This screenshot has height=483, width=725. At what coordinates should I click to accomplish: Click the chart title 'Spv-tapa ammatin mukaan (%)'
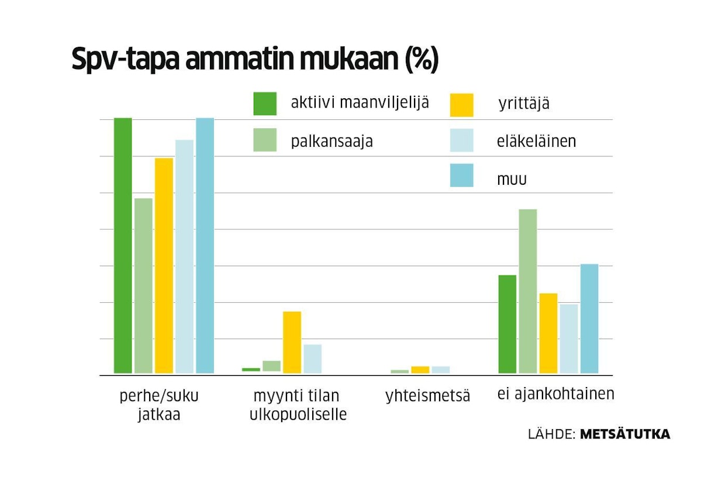[x=254, y=60]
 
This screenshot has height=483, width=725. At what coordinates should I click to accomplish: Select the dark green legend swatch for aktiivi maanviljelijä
[x=264, y=103]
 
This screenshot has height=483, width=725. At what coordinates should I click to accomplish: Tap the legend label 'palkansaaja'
[x=332, y=142]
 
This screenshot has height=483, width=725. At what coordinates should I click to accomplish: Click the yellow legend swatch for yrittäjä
[x=461, y=105]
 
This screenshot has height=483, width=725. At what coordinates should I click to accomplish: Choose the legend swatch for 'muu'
[x=461, y=175]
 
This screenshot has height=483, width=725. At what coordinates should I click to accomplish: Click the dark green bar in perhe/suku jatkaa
[x=123, y=246]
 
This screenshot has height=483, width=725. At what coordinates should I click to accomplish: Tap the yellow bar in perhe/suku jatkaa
[x=164, y=265]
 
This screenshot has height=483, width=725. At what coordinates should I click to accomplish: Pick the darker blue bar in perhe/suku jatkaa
[x=205, y=246]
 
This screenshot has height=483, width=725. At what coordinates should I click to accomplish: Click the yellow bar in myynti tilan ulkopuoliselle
[x=292, y=342]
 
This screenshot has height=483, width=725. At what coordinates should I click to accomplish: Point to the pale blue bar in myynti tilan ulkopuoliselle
[x=312, y=358]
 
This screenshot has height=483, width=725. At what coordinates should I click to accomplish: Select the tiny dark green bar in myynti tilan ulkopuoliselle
[x=251, y=370]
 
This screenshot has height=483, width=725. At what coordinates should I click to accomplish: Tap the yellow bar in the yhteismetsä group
[x=420, y=370]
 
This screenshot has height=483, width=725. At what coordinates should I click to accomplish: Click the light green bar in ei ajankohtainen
[x=527, y=291]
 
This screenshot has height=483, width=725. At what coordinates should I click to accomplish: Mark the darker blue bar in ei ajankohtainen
[x=589, y=319]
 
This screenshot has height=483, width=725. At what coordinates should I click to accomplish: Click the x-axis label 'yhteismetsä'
[x=427, y=396]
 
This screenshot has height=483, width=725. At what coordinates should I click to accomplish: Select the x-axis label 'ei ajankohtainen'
[x=555, y=394]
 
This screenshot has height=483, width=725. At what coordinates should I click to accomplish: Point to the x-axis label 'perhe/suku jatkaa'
[x=159, y=405]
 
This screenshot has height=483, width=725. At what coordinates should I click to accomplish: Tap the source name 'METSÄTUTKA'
[x=624, y=434]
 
